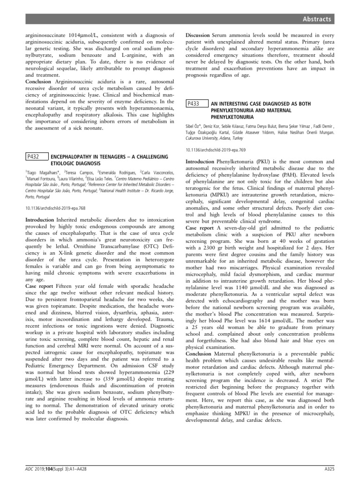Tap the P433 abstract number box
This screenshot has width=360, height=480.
coord(195,104)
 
